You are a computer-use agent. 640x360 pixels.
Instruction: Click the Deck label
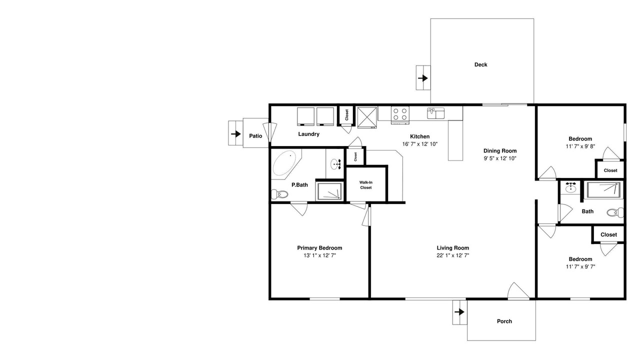pyautogui.click(x=481, y=65)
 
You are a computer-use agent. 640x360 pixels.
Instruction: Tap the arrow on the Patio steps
pyautogui.click(x=236, y=133)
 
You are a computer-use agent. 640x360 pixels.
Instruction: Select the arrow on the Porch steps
pyautogui.click(x=459, y=312)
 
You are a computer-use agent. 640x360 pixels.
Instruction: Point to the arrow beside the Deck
pyautogui.click(x=423, y=78)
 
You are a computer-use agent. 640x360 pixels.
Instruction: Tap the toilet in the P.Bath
pyautogui.click(x=279, y=194)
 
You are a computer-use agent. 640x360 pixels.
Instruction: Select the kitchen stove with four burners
pyautogui.click(x=400, y=115)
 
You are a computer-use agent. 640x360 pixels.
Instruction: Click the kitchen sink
pyautogui.click(x=435, y=113)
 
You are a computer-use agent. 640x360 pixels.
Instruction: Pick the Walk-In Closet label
pyautogui.click(x=365, y=185)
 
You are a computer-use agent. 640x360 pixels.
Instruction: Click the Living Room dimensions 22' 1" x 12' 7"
pyautogui.click(x=453, y=255)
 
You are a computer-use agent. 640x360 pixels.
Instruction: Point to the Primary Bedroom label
pyautogui.click(x=319, y=248)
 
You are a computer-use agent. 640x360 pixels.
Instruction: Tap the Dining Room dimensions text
pyautogui.click(x=500, y=158)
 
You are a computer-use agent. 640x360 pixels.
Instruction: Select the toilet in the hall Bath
pyautogui.click(x=615, y=212)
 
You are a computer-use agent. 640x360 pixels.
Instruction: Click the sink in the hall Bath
pyautogui.click(x=571, y=187)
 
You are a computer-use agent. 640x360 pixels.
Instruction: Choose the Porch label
pyautogui.click(x=504, y=321)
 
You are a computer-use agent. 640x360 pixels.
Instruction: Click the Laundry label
pyautogui.click(x=308, y=134)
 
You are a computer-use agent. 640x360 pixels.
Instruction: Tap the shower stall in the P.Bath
pyautogui.click(x=329, y=191)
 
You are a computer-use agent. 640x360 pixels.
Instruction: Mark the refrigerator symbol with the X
pyautogui.click(x=367, y=117)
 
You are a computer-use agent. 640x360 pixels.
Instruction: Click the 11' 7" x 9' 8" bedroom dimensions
pyautogui.click(x=580, y=146)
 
